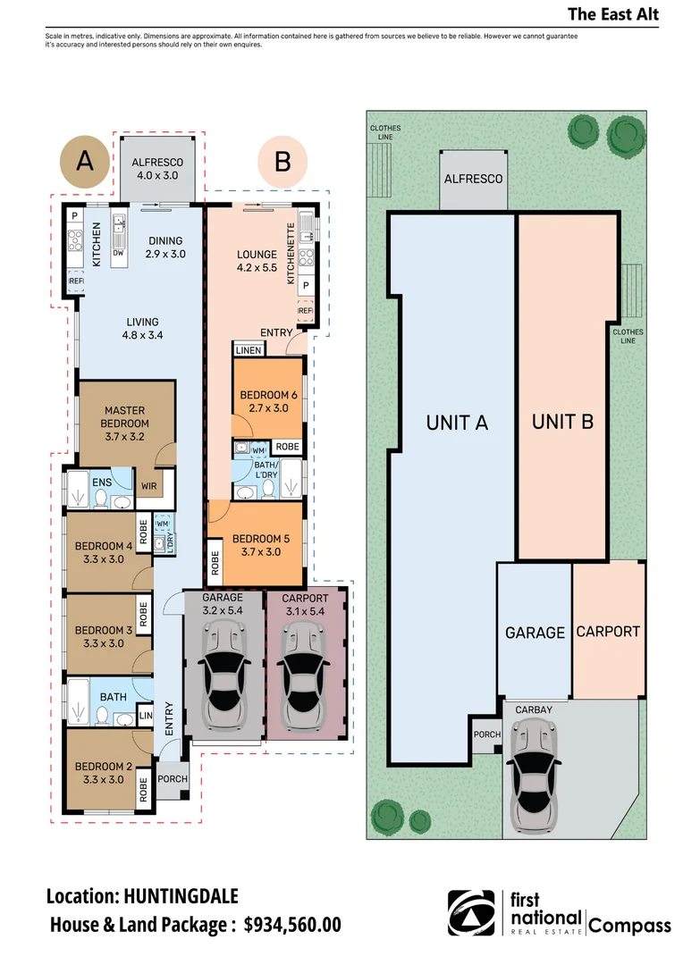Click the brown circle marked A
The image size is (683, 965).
pos(84,162)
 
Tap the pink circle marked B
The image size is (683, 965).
pos(282,162)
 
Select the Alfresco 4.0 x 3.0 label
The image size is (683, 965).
pos(157,169)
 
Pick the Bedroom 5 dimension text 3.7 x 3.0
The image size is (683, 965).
pos(261,552)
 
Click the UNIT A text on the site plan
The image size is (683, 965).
pos(457,423)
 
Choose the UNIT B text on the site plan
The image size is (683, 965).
pos(563,422)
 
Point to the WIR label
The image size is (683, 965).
pos(149,486)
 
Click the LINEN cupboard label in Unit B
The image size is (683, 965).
pos(249,350)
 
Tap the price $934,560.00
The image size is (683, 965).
pos(292,925)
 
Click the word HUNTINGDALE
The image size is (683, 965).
pos(181,896)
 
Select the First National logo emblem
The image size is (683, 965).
pos(471,913)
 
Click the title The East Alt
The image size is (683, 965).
pos(613,14)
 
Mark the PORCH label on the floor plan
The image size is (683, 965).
pos(173,778)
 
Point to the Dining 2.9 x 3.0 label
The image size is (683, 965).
pos(165,248)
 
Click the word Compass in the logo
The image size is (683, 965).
pos(629,926)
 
